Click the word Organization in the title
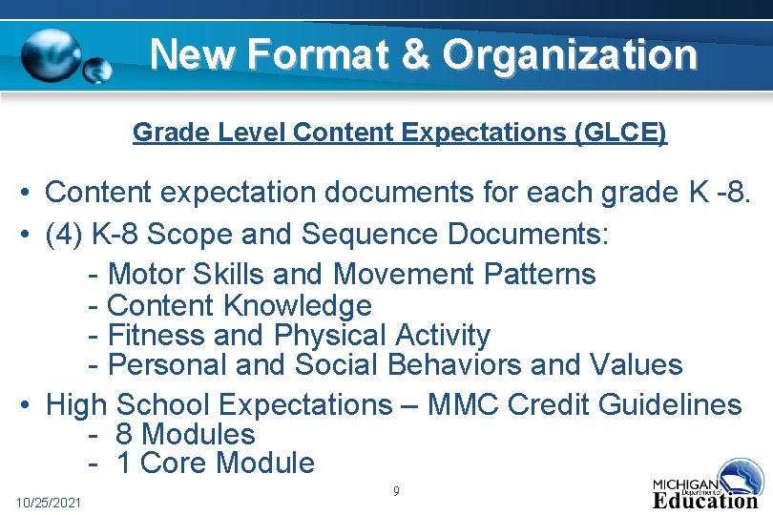pyautogui.click(x=570, y=54)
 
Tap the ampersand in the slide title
pyautogui.click(x=416, y=54)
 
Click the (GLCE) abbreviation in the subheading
pyautogui.click(x=620, y=132)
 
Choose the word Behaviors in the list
pyautogui.click(x=452, y=364)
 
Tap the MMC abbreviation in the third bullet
pyautogui.click(x=465, y=404)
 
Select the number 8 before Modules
pyautogui.click(x=123, y=434)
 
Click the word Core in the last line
pyautogui.click(x=175, y=463)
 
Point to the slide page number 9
pyautogui.click(x=395, y=491)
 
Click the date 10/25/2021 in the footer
pyautogui.click(x=49, y=502)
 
